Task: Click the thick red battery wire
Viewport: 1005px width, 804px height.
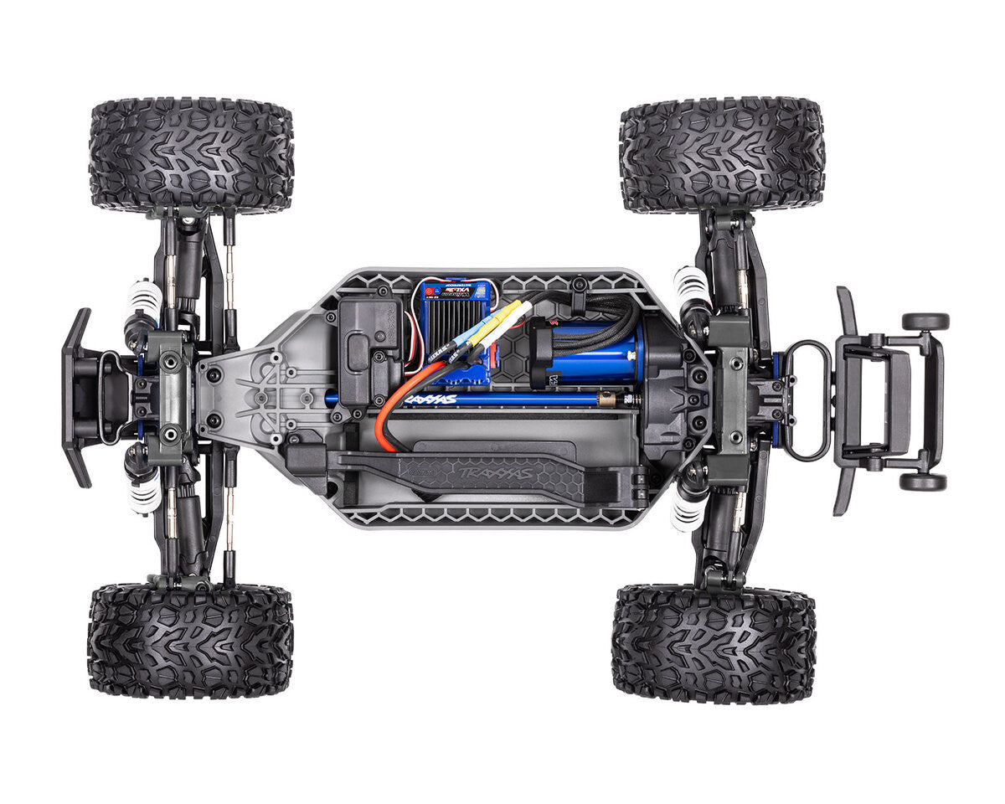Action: (394, 402)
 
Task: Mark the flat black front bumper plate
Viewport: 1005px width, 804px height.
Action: (78, 398)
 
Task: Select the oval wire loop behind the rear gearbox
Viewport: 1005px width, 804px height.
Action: (807, 400)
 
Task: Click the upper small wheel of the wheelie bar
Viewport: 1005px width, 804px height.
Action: (925, 322)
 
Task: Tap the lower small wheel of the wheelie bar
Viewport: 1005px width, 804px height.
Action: (923, 482)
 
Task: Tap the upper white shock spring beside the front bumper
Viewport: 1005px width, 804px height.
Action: (143, 295)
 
